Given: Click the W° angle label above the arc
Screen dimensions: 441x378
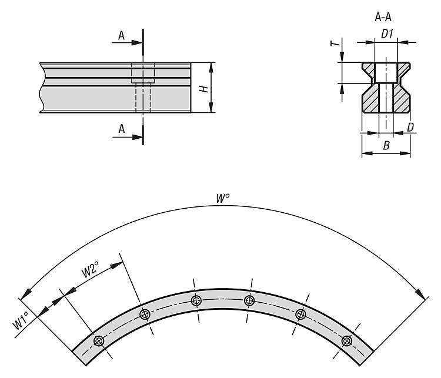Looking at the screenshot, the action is [x=222, y=198].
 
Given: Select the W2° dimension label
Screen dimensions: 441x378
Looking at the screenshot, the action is [x=90, y=269].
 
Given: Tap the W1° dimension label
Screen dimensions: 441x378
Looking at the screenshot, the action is [x=21, y=320].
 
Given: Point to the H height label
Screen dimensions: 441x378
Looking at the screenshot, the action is [x=204, y=89].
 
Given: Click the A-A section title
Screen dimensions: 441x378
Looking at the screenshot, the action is [x=383, y=18].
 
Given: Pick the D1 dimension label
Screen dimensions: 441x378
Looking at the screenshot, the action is [x=387, y=34].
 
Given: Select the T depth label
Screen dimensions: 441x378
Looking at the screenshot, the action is [x=335, y=43].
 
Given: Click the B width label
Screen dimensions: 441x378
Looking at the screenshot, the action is [x=386, y=146].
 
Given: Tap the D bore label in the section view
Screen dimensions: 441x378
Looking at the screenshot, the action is [x=410, y=128].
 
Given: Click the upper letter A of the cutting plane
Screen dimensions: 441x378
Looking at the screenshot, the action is [x=121, y=36].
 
